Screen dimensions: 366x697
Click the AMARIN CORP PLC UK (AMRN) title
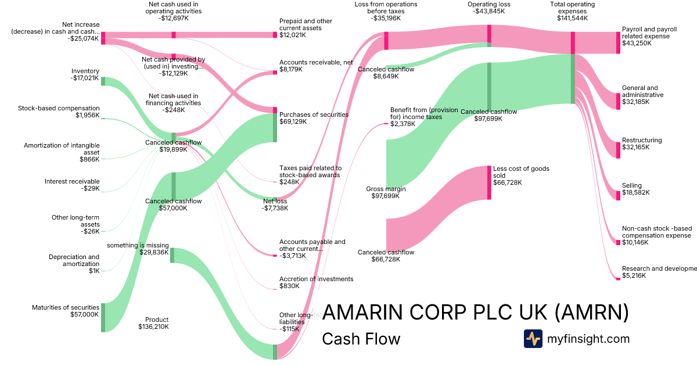click(475, 313)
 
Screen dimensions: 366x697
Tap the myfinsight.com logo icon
click(533, 339)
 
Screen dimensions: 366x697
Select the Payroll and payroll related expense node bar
click(618, 42)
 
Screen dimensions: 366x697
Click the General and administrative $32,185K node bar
click(618, 101)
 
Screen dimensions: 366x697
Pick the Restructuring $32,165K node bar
click(618, 149)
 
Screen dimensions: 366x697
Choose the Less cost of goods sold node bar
click(489, 182)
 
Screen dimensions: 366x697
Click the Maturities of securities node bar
click(103, 317)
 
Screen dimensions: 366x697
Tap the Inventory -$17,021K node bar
click(103, 81)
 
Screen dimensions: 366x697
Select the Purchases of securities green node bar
click(275, 128)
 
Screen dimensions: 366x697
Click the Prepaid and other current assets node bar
click(275, 35)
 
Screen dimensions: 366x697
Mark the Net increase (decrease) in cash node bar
click(103, 38)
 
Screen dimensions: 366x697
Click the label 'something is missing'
click(138, 245)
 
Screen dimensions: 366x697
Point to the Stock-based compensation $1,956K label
click(59, 112)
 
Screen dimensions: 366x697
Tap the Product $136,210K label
click(153, 323)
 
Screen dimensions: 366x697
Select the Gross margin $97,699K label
click(386, 192)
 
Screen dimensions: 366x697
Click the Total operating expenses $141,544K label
click(572, 11)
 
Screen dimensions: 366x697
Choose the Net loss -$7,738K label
click(275, 204)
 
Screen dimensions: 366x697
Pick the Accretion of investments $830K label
click(316, 282)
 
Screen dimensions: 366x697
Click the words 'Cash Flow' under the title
click(361, 339)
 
